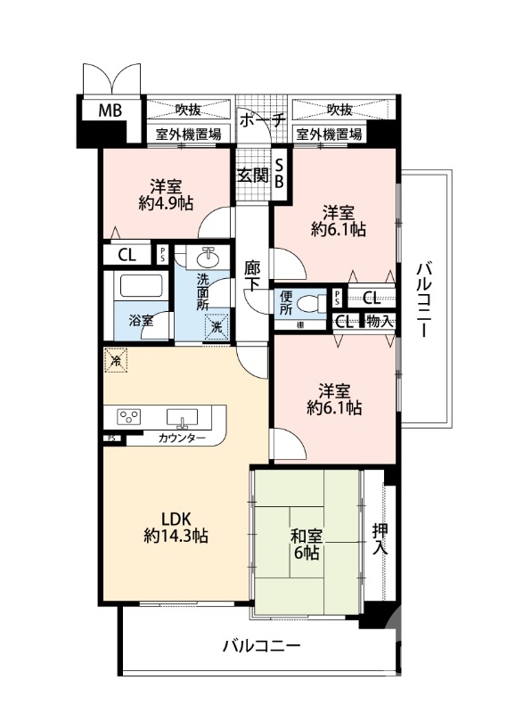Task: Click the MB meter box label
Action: [110, 111]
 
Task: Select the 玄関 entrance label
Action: [252, 176]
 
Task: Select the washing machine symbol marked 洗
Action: [217, 326]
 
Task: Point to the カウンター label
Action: [183, 438]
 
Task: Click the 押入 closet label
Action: [379, 539]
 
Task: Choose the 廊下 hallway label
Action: [253, 277]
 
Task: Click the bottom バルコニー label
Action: [261, 644]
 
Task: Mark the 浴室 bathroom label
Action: [140, 320]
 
